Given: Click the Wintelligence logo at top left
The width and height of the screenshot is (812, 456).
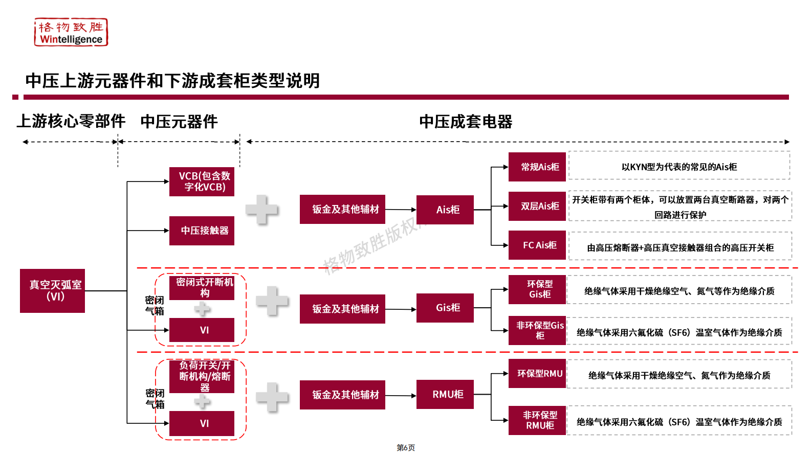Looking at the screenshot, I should click(x=71, y=32).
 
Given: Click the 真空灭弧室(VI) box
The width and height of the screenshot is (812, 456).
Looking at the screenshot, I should click(x=53, y=290).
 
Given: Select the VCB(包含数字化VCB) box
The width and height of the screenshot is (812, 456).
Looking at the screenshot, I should click(x=202, y=181).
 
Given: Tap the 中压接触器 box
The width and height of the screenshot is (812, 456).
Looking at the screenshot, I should click(x=202, y=231).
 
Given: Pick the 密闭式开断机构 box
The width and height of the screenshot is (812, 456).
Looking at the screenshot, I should click(x=202, y=287).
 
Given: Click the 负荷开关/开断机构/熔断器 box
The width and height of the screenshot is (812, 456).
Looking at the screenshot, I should click(x=202, y=376).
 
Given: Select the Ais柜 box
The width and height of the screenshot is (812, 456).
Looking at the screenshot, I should click(x=445, y=210).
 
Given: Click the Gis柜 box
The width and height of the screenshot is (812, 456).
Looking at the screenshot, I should click(x=445, y=308).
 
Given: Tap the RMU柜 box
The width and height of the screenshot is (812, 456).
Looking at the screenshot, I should click(x=445, y=394).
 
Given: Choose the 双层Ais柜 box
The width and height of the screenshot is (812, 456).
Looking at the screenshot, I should click(x=537, y=206).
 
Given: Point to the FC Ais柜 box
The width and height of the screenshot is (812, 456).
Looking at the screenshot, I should click(x=537, y=245).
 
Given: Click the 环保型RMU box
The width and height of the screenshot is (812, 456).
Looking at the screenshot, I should click(x=537, y=374).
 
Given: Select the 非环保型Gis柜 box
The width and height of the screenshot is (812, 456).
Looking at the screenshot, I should click(x=537, y=330).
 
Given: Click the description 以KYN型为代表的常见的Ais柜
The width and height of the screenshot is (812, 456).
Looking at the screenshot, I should click(x=679, y=167).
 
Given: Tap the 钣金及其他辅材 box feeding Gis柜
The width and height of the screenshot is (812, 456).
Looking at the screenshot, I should click(x=342, y=309).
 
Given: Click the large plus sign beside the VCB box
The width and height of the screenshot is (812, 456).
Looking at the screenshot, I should click(x=261, y=210).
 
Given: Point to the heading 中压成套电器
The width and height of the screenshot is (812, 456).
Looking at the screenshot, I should click(x=466, y=122).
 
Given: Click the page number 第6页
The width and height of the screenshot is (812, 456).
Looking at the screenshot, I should click(x=406, y=448).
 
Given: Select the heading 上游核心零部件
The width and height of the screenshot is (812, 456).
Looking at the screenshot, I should click(x=71, y=121).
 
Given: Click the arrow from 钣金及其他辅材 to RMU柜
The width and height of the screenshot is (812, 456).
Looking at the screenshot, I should click(x=401, y=395).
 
